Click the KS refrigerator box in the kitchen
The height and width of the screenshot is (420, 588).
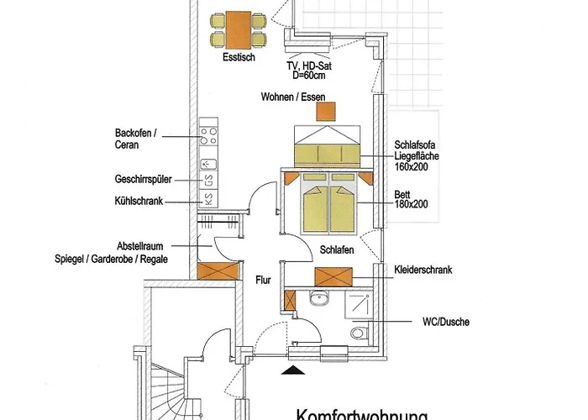click(207, 200)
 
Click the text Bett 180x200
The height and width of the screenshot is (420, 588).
click(412, 197)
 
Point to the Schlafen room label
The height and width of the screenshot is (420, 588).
click(335, 250)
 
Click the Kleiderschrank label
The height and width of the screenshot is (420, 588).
click(423, 270)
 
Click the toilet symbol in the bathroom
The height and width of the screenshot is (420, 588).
click(359, 332)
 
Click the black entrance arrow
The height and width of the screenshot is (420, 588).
click(291, 368)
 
